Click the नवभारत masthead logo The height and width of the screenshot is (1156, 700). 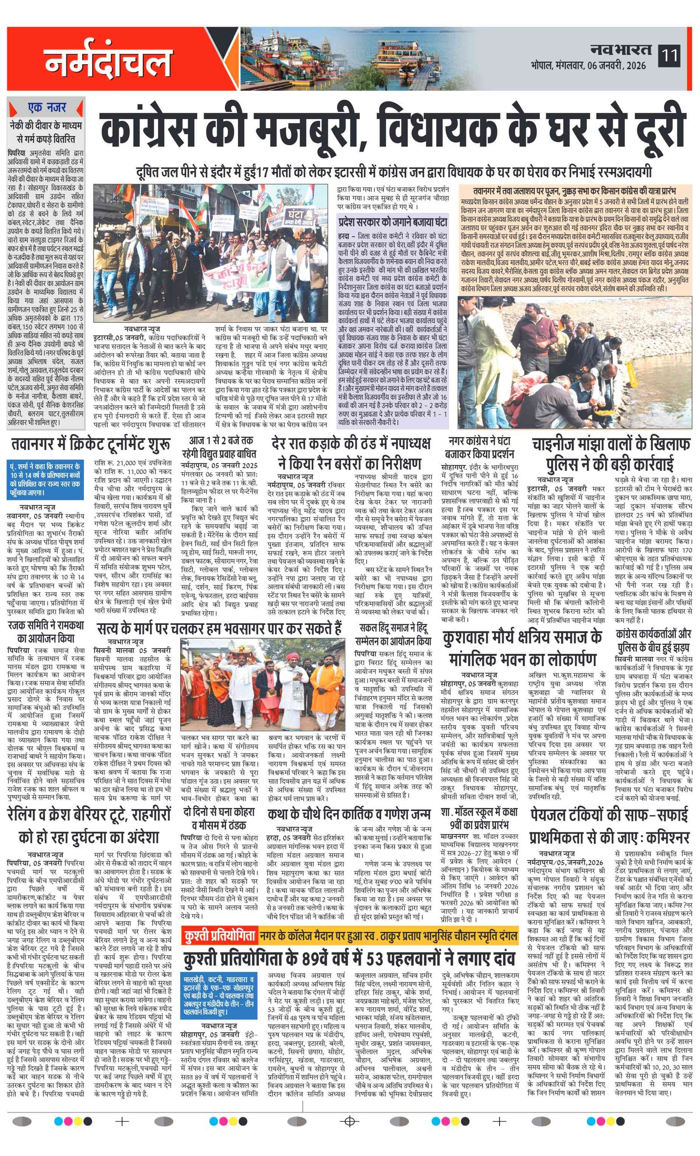[620, 50]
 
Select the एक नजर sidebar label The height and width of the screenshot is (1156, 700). [46, 108]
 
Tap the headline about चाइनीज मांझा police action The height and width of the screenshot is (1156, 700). [610, 454]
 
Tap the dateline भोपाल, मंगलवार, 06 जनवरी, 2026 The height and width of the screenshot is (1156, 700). [588, 66]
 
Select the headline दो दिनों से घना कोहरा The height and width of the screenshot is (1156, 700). [219, 818]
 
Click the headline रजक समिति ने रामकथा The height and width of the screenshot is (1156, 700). [46, 631]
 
